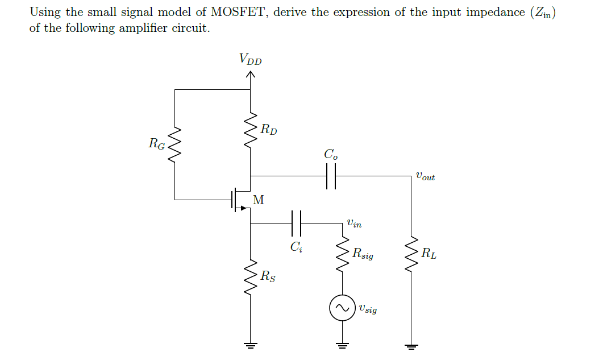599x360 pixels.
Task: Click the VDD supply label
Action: [251, 59]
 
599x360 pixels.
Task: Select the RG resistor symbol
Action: [175, 144]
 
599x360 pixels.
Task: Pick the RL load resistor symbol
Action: [410, 254]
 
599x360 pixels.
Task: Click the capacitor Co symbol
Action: [331, 176]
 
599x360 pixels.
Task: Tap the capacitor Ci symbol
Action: [296, 224]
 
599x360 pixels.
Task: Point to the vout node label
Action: [425, 177]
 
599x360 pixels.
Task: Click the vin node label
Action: [353, 224]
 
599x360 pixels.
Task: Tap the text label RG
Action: [156, 144]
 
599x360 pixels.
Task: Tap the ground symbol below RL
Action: [410, 344]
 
